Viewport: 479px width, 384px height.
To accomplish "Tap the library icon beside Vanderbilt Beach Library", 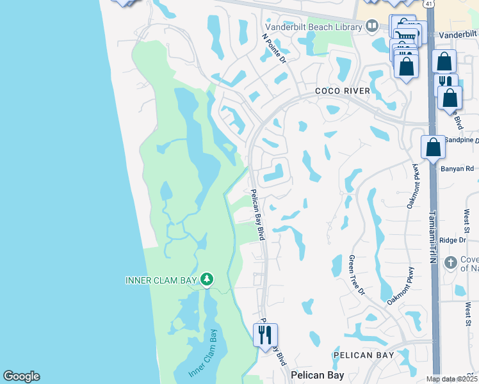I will point(372,26).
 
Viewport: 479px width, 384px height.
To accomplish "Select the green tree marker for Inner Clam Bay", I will point(206,280).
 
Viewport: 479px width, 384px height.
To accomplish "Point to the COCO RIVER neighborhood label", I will point(343,91).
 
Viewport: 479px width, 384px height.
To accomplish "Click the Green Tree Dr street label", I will point(356,275).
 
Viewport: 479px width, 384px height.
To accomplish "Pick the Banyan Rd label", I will point(457,169).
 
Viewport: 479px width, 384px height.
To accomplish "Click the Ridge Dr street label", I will point(453,240).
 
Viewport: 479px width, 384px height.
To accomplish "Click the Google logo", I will point(21,376).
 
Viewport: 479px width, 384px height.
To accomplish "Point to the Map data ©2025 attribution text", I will point(452,379).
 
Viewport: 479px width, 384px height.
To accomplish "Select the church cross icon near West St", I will point(450,262).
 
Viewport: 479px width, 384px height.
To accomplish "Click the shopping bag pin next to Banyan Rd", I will point(434,147).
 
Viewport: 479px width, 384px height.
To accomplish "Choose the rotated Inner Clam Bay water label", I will point(203,353).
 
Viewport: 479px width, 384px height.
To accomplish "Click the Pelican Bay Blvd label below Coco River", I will point(257,215).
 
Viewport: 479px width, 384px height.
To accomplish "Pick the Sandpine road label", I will point(461,139).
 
